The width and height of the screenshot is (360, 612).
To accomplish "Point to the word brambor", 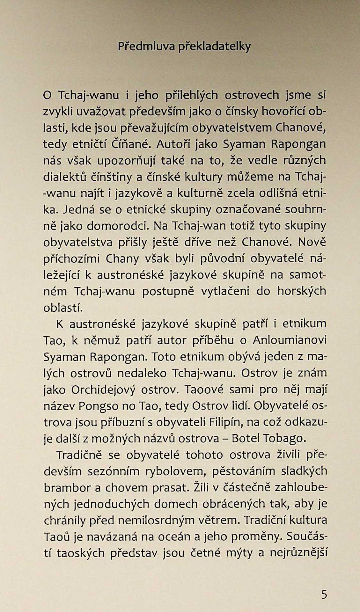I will [63, 488].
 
